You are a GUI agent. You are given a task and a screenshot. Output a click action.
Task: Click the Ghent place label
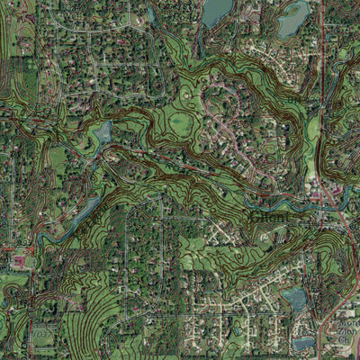[x=270, y=216]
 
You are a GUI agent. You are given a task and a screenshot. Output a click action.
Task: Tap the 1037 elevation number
[x=40, y=333]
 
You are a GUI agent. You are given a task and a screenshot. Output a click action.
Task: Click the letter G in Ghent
[x=255, y=216]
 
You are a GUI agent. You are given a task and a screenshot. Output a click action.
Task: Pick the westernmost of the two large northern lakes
[x=217, y=12]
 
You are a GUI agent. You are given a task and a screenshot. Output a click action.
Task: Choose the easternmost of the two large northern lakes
[x=293, y=18]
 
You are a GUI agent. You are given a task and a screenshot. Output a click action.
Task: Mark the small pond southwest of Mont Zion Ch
[x=303, y=342]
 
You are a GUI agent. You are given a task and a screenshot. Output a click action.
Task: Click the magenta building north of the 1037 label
[x=19, y=263]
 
